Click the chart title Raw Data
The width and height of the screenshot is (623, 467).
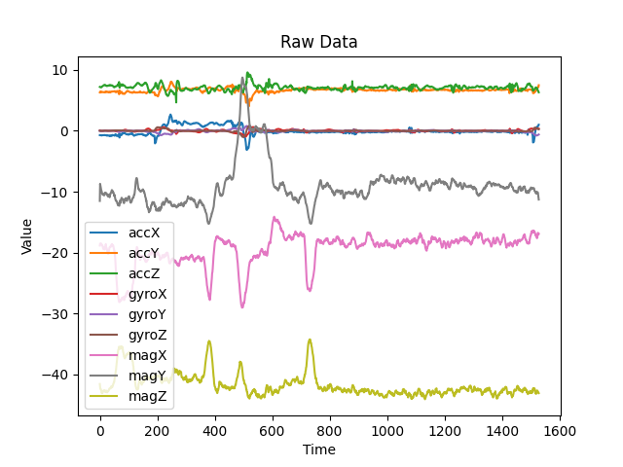pos(319,42)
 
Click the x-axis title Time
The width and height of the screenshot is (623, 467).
pos(319,449)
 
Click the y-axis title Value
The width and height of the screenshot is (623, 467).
pos(27,236)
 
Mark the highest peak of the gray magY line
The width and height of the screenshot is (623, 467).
pos(242,78)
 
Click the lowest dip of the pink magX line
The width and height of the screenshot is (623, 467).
pos(242,307)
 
